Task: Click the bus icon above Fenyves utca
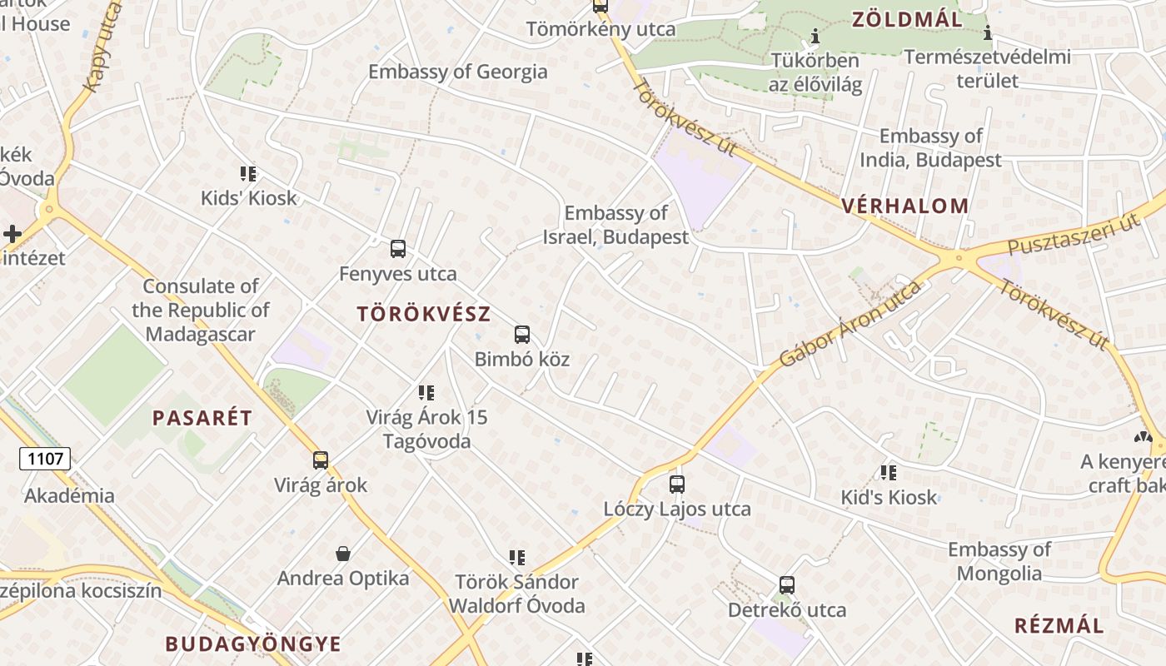398,248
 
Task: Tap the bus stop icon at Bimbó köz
522,335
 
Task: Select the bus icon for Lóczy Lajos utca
677,484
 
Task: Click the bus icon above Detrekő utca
787,584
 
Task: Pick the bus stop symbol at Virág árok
321,460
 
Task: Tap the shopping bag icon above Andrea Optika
342,554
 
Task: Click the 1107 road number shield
45,458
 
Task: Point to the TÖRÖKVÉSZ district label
424,315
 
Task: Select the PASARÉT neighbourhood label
202,418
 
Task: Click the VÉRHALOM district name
905,206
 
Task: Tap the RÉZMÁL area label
1059,626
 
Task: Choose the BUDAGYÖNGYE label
253,644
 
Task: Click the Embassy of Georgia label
458,72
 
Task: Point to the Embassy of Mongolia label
999,561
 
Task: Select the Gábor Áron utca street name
850,324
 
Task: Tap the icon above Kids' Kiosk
248,173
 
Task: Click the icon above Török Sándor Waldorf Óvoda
517,557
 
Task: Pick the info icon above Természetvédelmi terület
988,33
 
